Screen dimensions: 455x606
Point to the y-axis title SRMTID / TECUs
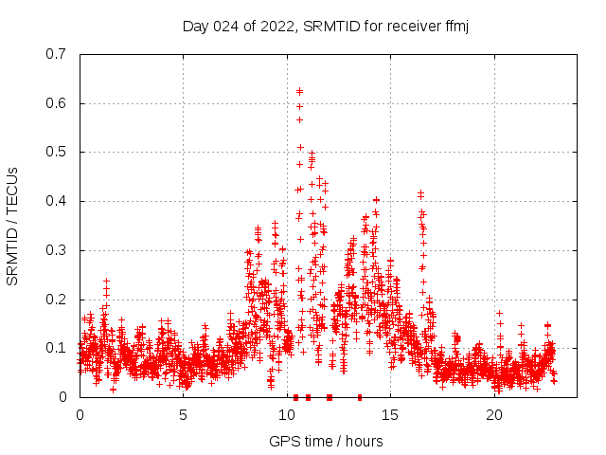click(x=12, y=226)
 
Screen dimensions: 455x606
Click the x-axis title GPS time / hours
click(x=326, y=441)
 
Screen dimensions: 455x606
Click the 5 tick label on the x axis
click(x=184, y=415)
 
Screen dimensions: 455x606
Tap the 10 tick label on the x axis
click(x=287, y=415)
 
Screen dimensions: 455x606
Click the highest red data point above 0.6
click(x=299, y=91)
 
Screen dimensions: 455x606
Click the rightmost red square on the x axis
click(x=359, y=397)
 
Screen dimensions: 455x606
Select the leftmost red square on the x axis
click(x=296, y=397)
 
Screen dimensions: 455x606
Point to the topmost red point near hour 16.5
click(x=420, y=193)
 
